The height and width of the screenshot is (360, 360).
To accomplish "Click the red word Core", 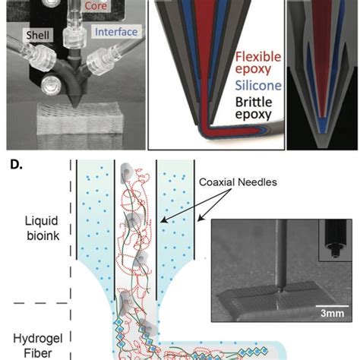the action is (96, 5).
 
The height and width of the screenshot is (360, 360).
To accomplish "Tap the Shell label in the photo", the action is (37, 35).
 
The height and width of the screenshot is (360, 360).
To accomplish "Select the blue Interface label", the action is (116, 32).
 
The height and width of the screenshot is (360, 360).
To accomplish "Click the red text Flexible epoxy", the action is (258, 63).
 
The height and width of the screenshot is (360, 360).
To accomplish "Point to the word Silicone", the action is (258, 86).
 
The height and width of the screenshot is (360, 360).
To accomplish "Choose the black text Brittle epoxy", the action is (254, 108).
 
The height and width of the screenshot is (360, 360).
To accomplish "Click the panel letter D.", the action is (16, 165).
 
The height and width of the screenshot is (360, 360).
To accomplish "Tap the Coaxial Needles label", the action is (238, 182).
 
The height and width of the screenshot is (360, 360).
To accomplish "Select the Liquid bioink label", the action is (43, 228).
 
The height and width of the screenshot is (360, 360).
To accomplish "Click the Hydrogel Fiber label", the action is (38, 346).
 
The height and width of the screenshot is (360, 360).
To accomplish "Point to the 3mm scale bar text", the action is (332, 314).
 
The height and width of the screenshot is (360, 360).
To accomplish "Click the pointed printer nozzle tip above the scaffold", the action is (75, 106).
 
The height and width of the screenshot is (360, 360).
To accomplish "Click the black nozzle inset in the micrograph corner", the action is (335, 240).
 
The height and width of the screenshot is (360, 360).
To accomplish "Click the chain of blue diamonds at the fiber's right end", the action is (254, 352).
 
